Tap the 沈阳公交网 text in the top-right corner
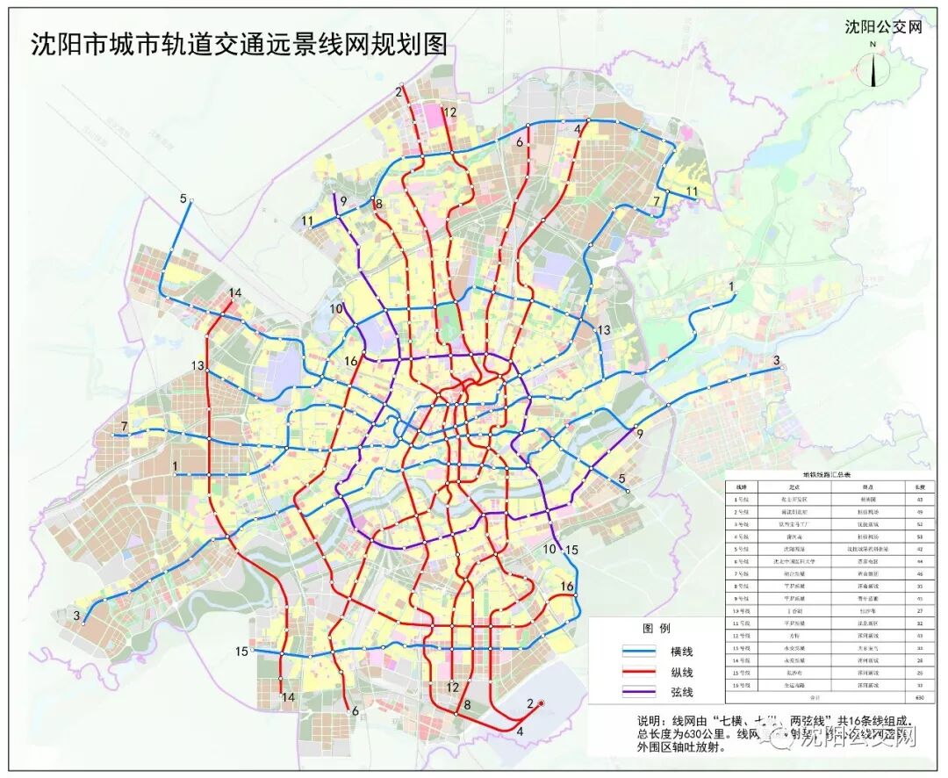pos(883,26)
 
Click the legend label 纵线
pos(681,672)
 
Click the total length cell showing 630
pos(919,698)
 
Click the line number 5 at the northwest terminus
pos(183,198)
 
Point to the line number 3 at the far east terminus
pos(776,360)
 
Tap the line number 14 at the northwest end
pos(234,293)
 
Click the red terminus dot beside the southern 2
pos(542,702)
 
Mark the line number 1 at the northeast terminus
pos(730,287)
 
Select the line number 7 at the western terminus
pos(126,427)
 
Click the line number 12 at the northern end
pos(450,112)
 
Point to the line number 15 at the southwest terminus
pos(241,651)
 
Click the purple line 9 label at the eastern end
pos(639,434)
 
